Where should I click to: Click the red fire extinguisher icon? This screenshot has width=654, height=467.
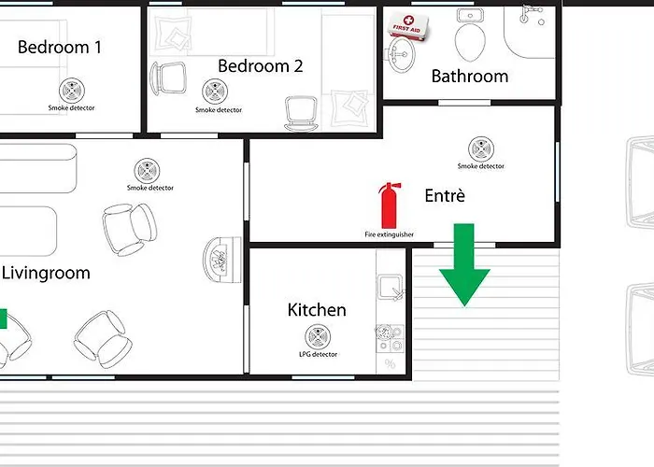pos(390,205)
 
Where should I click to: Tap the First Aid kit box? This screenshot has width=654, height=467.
pos(408,26)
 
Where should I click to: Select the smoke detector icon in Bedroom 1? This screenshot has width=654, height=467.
pos(72,90)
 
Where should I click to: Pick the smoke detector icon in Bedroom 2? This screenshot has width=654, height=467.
pos(215,92)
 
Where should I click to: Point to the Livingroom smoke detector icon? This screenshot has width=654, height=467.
pos(147,171)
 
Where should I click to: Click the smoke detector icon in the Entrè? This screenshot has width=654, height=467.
pos(481,149)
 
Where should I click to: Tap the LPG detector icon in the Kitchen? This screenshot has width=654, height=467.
pos(318,337)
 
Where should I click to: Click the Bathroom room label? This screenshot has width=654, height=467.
pos(470,77)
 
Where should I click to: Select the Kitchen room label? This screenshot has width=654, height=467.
pos(317,310)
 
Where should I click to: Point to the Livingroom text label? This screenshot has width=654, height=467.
pos(46,274)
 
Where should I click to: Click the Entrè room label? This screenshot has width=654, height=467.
pos(445,195)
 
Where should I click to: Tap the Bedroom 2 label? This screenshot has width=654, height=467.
pos(261,66)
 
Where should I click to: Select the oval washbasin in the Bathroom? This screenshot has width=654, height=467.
pos(403,54)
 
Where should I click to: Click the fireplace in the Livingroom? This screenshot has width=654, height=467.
pos(222,260)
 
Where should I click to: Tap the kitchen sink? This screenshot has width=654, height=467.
pos(391,287)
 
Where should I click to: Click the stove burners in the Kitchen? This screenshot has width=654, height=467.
pos(391,339)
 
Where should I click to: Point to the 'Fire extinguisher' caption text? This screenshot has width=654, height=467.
pos(390,234)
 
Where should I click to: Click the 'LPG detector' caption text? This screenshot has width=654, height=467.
pos(319,354)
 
